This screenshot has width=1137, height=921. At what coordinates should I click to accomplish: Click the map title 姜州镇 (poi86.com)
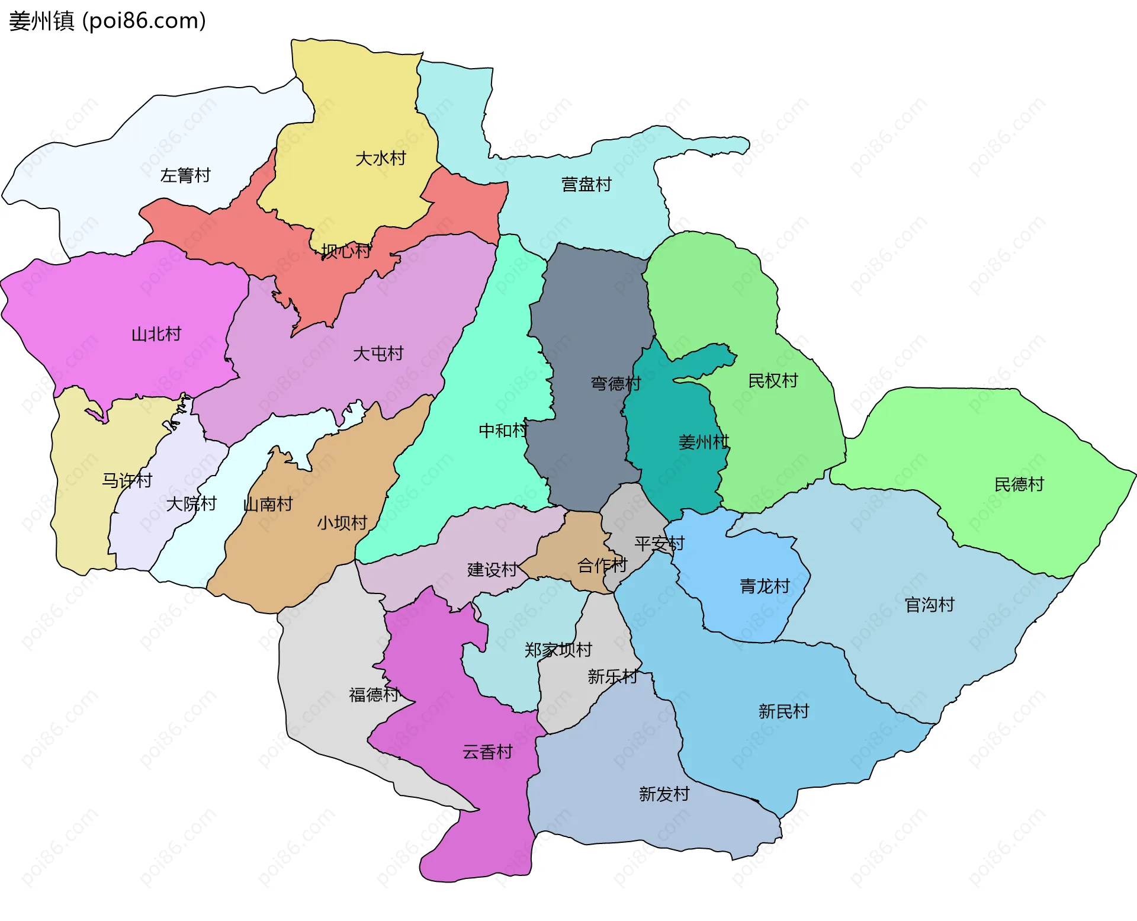(x=107, y=21)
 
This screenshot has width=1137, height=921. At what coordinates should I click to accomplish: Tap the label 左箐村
(x=185, y=175)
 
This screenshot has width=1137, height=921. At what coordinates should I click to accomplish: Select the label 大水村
(x=380, y=158)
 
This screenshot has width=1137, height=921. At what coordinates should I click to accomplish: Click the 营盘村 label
(x=586, y=184)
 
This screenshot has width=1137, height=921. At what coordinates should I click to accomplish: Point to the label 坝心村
(x=346, y=251)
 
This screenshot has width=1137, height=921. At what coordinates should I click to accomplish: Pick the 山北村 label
(x=156, y=334)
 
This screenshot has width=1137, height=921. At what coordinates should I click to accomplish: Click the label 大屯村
(x=378, y=354)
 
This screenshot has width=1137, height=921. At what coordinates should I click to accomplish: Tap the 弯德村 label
(x=615, y=383)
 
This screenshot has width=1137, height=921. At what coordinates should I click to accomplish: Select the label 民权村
(x=773, y=380)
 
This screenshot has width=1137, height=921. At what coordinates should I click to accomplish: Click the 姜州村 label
(x=704, y=442)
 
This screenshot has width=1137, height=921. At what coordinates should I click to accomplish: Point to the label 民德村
(x=1019, y=484)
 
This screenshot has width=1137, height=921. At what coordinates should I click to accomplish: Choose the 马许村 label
(x=127, y=480)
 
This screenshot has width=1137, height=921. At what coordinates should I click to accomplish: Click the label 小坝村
(x=342, y=522)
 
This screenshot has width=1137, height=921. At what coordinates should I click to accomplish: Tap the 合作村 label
(x=602, y=565)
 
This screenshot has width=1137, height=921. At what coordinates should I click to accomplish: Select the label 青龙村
(x=765, y=586)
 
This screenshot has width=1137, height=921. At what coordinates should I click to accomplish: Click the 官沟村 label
(x=929, y=604)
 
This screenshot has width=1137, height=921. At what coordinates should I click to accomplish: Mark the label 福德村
(x=374, y=694)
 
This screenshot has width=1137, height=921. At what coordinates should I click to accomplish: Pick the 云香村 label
(x=487, y=752)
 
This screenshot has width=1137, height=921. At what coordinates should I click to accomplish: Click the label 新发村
(x=664, y=794)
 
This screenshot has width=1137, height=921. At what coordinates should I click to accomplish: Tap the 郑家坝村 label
(x=558, y=650)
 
